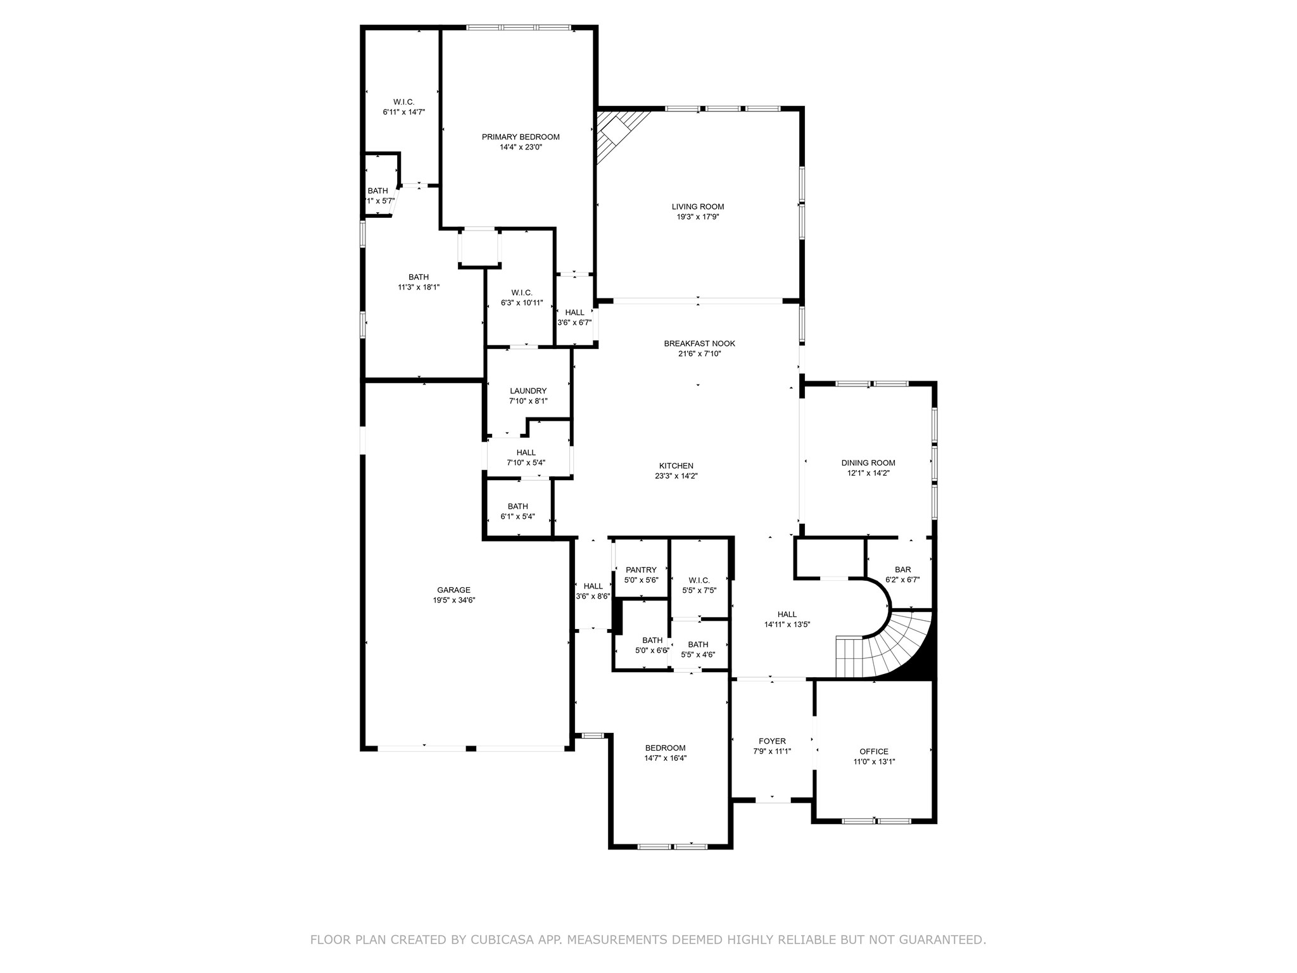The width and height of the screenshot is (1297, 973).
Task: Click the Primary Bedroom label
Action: pos(521,137)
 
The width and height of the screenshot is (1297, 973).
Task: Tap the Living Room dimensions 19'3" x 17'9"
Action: pos(698,217)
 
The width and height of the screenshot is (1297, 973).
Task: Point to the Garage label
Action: pos(454,590)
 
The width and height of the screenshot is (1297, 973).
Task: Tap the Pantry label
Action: pos(641,569)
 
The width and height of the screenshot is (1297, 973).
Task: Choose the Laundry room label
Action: pos(528,391)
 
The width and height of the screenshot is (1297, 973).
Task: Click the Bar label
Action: pos(902,569)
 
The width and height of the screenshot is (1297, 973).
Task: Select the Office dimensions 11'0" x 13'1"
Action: pos(874,762)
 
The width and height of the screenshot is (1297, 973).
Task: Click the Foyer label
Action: pos(772,741)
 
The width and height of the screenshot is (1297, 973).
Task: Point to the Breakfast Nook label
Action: pos(699,343)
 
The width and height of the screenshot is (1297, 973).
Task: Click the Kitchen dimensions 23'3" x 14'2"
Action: pos(676,476)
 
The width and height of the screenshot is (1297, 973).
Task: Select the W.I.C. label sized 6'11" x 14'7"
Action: pos(403,102)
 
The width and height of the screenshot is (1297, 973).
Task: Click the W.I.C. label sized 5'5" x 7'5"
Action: pos(699,580)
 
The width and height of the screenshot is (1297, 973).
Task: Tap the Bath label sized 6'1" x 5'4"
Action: pos(517,506)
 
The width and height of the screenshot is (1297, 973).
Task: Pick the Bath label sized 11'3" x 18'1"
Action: pos(419,277)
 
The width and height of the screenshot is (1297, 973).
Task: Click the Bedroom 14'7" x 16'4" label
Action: pos(665,747)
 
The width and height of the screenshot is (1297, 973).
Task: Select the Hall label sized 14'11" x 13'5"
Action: pos(787,614)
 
